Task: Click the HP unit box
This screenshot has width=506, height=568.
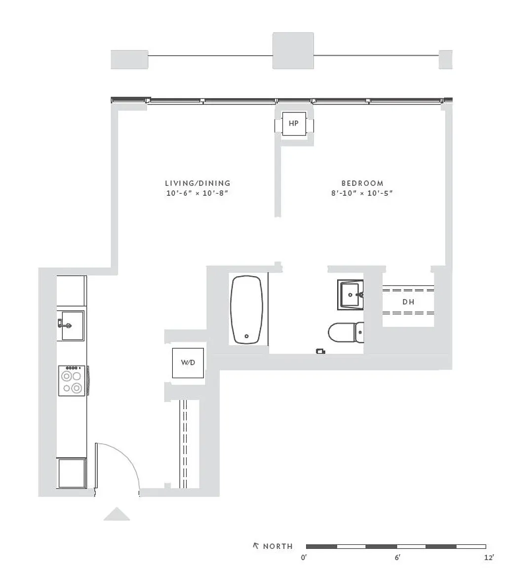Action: (294, 124)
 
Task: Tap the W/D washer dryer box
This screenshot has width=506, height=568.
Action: (188, 362)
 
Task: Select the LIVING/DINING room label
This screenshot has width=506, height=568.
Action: (197, 183)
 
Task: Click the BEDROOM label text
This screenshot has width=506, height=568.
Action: (362, 183)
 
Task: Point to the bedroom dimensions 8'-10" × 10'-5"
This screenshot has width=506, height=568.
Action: (362, 193)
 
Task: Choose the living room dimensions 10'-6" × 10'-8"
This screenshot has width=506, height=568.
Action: (197, 193)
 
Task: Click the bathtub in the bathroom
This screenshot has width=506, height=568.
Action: (246, 309)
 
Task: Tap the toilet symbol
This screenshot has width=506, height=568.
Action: (346, 332)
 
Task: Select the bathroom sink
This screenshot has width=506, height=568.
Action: (350, 294)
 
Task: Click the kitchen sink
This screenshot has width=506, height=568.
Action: (71, 325)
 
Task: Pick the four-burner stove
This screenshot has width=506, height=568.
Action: (72, 380)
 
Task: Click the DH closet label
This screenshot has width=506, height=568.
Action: (408, 302)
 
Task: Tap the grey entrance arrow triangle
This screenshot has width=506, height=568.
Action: (117, 514)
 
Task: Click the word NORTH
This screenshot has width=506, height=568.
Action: (278, 546)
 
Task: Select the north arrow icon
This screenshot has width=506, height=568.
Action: (256, 545)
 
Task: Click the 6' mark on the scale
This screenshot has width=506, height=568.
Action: (397, 557)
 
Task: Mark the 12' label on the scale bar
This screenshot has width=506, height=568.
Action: (489, 557)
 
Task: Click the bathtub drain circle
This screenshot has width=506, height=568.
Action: (247, 336)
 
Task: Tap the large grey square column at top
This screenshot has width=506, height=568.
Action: (293, 51)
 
